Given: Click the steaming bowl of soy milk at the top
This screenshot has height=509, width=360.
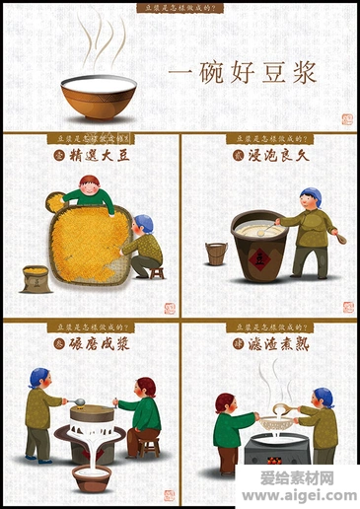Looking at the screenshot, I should pyautogui.click(x=98, y=96).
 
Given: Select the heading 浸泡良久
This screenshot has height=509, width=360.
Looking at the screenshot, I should pyautogui.click(x=277, y=155).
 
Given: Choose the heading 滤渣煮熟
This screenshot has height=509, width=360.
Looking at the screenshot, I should pyautogui.click(x=277, y=342).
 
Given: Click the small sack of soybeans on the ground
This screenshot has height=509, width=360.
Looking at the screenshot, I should pyautogui.click(x=36, y=277).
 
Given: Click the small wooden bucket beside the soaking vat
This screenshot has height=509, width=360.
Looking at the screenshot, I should pyautogui.click(x=216, y=254).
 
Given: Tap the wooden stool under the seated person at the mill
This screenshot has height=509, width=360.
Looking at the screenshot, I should pyautogui.click(x=148, y=445).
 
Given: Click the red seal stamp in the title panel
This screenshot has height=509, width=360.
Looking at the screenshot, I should pyautogui.click(x=346, y=119).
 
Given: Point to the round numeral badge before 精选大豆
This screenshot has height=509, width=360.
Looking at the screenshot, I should pyautogui.click(x=57, y=155).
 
